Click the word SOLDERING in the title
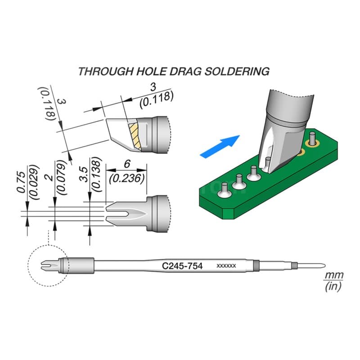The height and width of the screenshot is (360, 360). (x=237, y=72)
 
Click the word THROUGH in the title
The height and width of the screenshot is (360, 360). (x=105, y=72)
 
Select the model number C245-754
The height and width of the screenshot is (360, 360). (x=182, y=266)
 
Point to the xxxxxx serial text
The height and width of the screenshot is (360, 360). (x=226, y=266)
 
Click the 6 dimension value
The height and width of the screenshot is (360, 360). (x=127, y=164)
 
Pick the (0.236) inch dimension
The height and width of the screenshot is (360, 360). (x=127, y=179)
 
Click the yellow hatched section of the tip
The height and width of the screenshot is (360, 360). (x=135, y=136)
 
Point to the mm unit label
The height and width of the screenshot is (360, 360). (x=333, y=275)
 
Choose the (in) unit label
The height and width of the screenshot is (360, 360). (x=333, y=286)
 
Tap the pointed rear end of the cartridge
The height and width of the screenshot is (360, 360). (x=324, y=266)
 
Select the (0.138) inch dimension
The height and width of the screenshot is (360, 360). (x=96, y=174)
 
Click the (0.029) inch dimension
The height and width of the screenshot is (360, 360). (x=34, y=182)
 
